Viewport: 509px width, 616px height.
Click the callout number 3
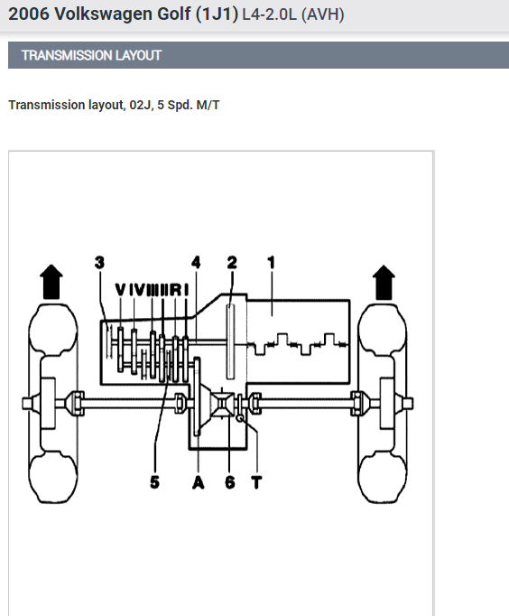click(99, 262)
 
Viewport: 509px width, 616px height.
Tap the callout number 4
click(196, 262)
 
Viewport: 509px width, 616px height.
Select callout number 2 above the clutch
click(232, 262)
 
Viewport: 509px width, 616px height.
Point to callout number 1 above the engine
click(271, 262)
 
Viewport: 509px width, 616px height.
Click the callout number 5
click(154, 482)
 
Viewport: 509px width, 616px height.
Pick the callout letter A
click(199, 482)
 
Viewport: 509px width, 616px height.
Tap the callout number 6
click(230, 482)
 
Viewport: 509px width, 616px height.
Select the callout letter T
click(256, 482)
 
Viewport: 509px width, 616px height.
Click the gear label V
click(120, 290)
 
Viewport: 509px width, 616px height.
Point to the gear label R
click(175, 290)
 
